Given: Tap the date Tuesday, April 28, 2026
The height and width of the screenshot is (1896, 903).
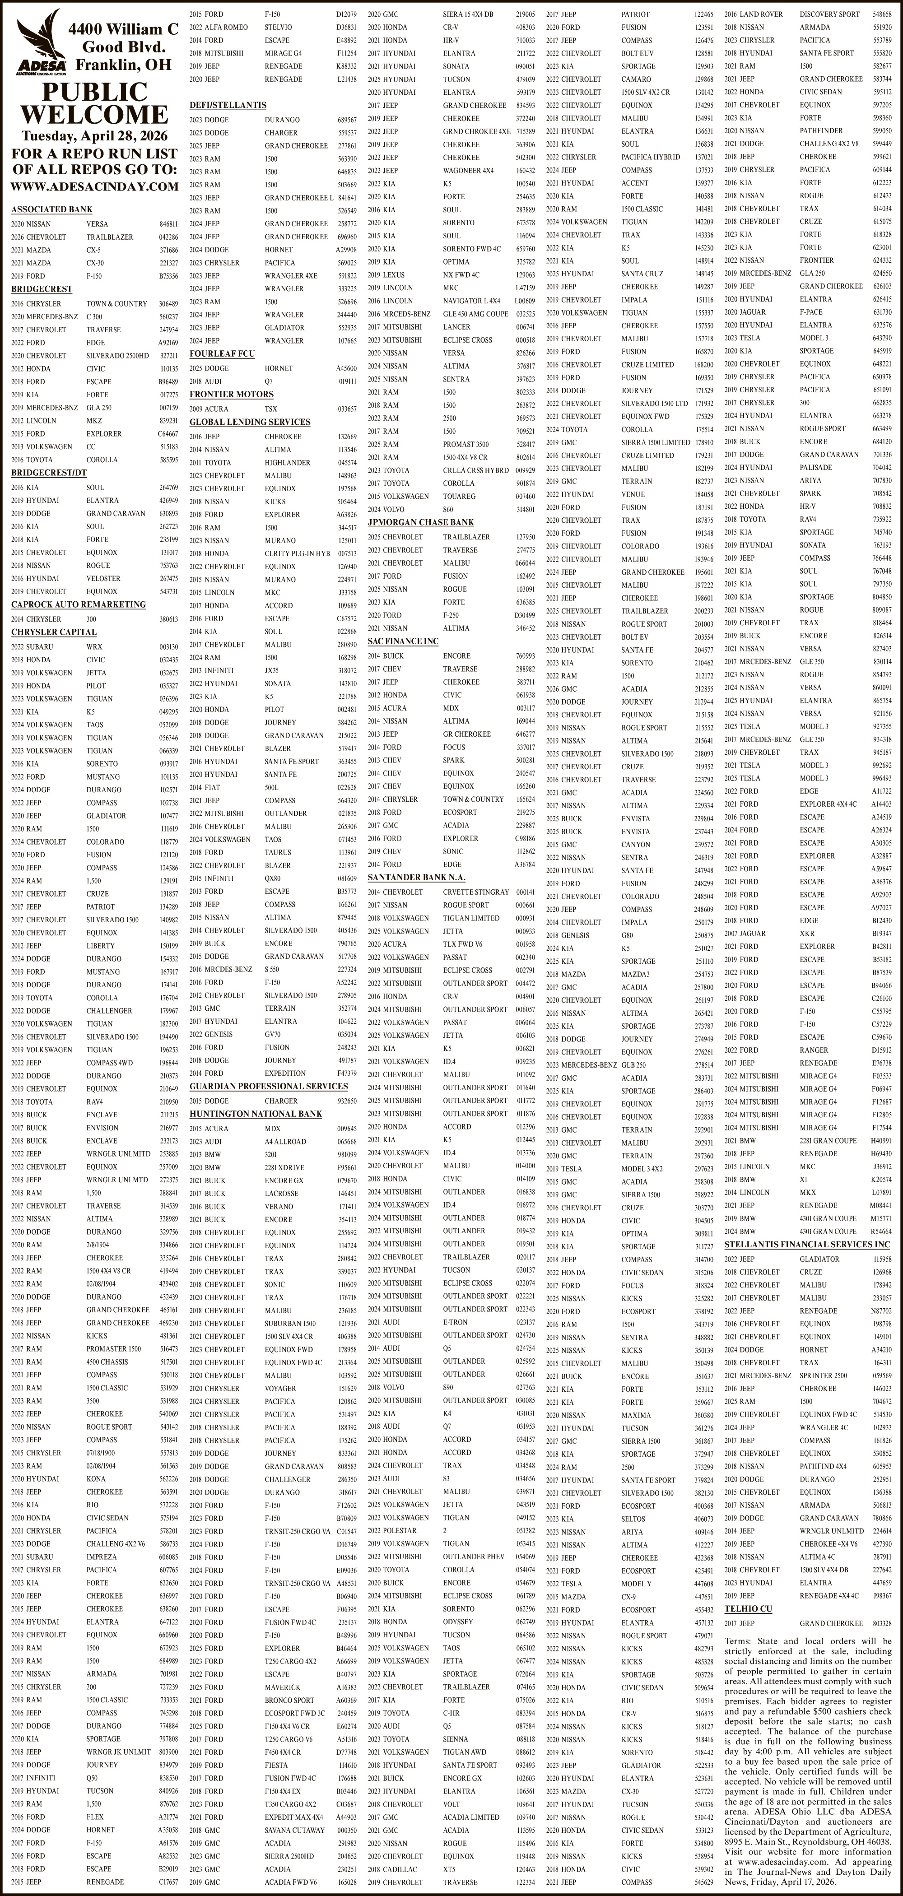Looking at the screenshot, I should coord(94,136).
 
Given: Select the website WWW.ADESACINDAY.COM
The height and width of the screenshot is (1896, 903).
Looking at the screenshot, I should coord(94,186).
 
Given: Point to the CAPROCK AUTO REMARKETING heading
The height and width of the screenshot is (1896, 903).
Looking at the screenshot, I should coord(78,605).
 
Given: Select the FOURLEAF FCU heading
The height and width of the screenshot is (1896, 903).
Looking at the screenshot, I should coord(222,354).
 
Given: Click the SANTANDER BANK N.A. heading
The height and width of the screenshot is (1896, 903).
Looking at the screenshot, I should coord(417,877).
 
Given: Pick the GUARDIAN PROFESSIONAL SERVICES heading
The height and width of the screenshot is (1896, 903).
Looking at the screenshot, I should coord(269,1087).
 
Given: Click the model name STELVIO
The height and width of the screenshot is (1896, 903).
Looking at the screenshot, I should coord(278,27).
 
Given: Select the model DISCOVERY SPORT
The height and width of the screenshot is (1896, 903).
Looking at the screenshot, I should coord(829,14).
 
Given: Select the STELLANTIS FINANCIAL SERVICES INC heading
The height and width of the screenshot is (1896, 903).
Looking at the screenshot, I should coord(806,1245).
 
